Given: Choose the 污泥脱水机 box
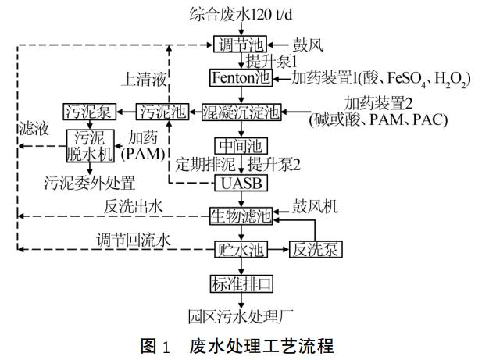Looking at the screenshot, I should click(x=90, y=144).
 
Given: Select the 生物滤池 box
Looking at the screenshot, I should click(x=241, y=216).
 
